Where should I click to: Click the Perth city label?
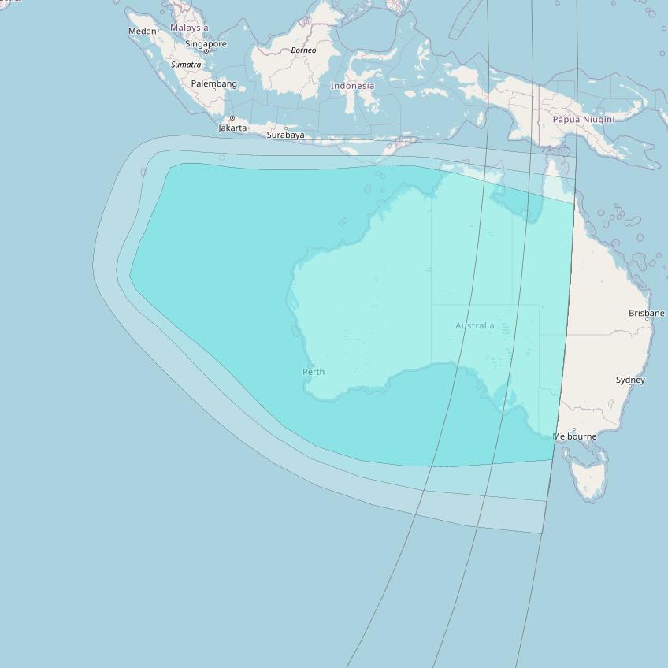pos(314,372)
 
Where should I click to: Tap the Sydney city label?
pos(630,380)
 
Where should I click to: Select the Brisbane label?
pos(646,313)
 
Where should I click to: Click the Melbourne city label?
pos(574,436)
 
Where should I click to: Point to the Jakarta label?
pos(232,128)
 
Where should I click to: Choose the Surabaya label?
pos(285,135)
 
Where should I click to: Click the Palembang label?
pos(213,83)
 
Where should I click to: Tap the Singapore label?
pos(206,44)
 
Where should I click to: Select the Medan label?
pos(143,32)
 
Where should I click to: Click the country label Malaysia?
pos(189,28)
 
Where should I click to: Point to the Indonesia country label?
pos(352,86)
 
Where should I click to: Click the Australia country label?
pos(475,325)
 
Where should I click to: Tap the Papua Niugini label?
pos(583,120)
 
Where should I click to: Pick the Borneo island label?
pos(303,50)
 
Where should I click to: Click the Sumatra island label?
pos(187,65)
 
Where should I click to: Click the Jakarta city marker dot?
pos(232,118)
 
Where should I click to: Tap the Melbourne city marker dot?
pos(574,429)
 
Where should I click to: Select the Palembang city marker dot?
pos(214,90)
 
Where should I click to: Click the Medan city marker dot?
pos(160,31)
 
